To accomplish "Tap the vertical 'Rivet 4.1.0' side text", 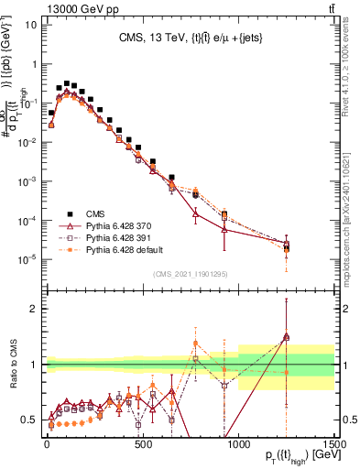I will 351,69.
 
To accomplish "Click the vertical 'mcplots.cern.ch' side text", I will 351,211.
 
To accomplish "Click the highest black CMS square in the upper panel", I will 67,83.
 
